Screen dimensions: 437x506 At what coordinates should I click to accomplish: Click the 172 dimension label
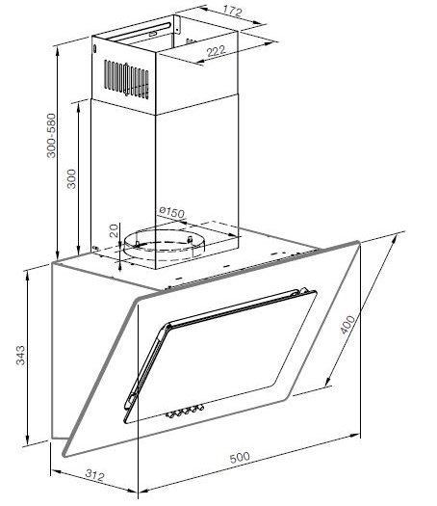point(232,12)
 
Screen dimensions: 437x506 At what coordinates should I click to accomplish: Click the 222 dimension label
point(216,51)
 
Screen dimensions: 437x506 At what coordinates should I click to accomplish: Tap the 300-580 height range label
point(51,136)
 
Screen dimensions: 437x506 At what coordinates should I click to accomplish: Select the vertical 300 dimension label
point(71,178)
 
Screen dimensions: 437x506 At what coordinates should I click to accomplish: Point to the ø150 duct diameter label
point(172,212)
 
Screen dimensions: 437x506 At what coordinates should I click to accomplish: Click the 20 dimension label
point(115,231)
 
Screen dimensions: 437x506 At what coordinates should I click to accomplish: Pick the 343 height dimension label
point(20,355)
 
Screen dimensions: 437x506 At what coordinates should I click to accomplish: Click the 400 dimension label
point(347,324)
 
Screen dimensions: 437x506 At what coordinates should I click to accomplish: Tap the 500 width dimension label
point(240,457)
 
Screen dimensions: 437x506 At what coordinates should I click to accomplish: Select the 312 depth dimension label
point(95,475)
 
